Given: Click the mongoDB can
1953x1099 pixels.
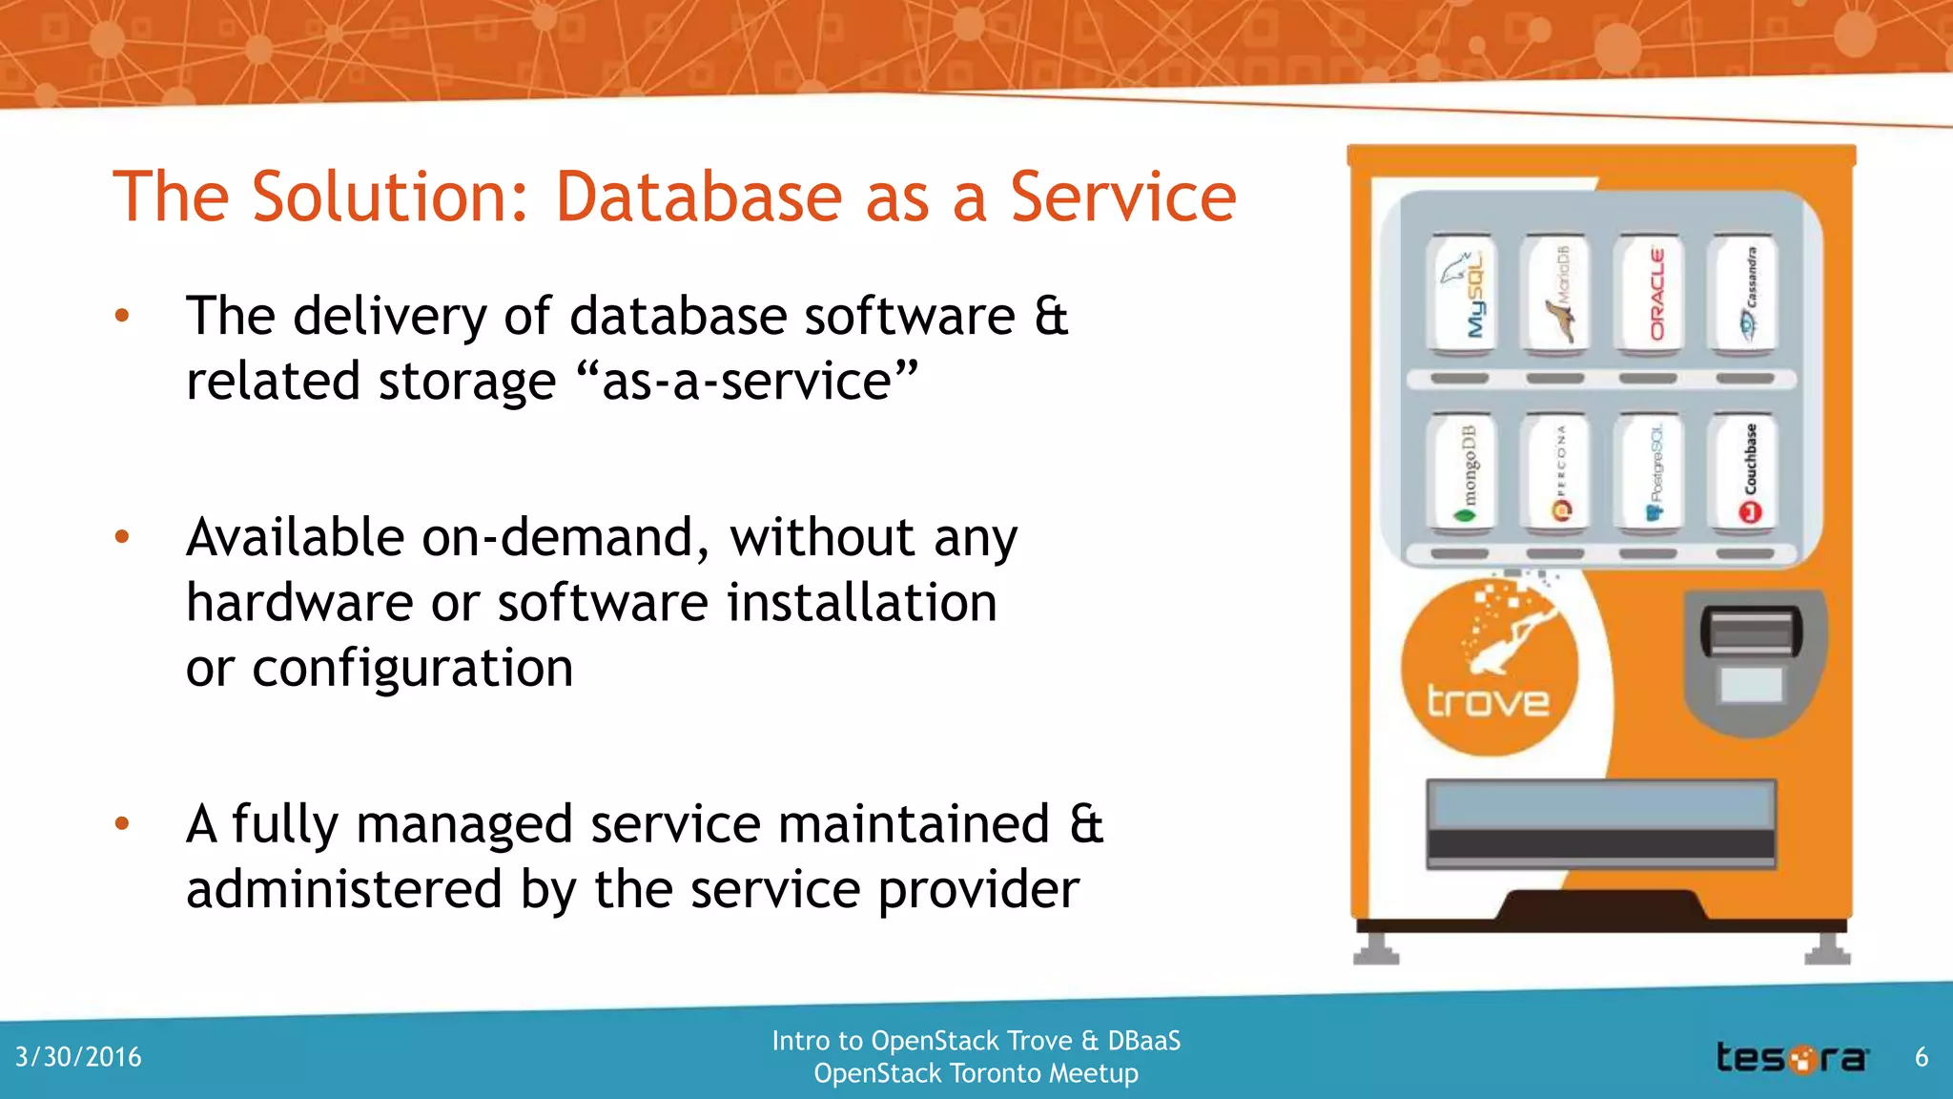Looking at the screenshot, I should pyautogui.click(x=1461, y=472).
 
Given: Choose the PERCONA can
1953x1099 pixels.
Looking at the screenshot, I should pyautogui.click(x=1555, y=472).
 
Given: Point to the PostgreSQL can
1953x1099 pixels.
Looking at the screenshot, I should pyautogui.click(x=1649, y=472).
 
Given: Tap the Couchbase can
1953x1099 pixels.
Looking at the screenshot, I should pyautogui.click(x=1742, y=472).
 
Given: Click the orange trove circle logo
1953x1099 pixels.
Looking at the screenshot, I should pyautogui.click(x=1488, y=668).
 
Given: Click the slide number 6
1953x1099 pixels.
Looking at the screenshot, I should pyautogui.click(x=1922, y=1057).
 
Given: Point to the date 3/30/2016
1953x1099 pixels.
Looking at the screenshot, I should pyautogui.click(x=78, y=1057).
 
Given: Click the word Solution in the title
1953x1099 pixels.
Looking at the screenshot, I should pyautogui.click(x=388, y=197).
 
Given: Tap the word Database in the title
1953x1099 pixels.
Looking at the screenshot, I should pyautogui.click(x=698, y=197).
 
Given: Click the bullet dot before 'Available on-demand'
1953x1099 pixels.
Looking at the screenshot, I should pyautogui.click(x=121, y=537).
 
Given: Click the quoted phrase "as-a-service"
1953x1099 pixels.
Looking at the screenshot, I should pyautogui.click(x=747, y=382).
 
